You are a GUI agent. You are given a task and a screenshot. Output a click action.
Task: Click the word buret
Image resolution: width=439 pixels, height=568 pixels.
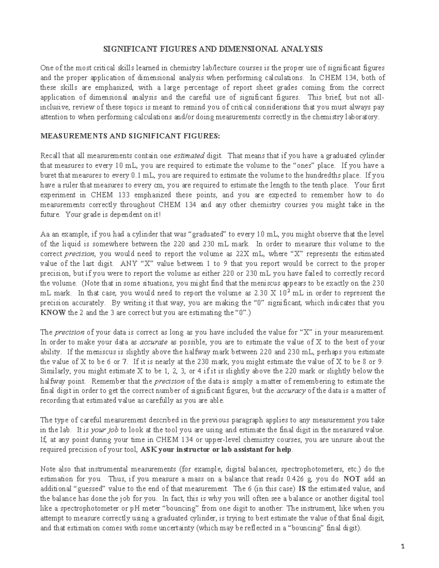coord(48,176)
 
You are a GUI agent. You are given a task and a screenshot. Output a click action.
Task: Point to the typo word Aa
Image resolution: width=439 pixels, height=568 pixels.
coord(44,234)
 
